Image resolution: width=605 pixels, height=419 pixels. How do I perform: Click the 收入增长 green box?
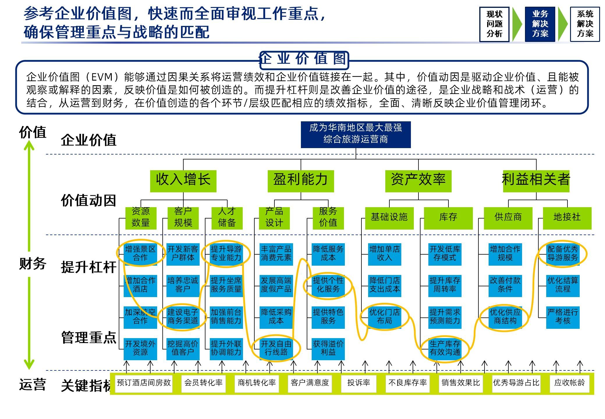(x=183, y=181)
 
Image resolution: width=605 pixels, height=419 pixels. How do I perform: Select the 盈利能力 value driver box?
(x=301, y=181)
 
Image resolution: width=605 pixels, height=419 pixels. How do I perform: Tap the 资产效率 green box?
(x=418, y=181)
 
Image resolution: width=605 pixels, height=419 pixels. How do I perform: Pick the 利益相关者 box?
(x=536, y=181)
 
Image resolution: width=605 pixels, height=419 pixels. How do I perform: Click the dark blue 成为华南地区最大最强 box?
(x=356, y=134)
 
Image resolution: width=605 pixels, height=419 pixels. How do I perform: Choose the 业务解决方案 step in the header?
(x=540, y=24)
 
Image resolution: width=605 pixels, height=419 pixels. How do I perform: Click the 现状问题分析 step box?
(x=494, y=24)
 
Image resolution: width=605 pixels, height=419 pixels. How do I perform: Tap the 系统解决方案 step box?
(x=585, y=24)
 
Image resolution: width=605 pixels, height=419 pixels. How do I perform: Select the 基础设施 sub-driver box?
(x=389, y=218)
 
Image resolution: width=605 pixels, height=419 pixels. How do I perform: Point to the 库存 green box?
(x=448, y=218)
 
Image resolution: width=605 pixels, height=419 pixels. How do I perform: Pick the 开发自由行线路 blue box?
(x=276, y=348)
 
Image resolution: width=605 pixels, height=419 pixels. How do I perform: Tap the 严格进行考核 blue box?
(x=563, y=317)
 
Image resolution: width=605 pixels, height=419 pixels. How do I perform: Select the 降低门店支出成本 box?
(x=384, y=285)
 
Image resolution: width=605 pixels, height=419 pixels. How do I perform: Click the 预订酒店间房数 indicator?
(x=144, y=383)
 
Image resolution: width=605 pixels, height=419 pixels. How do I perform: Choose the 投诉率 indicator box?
(x=359, y=383)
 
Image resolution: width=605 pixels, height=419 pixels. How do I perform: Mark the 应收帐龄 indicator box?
(x=569, y=383)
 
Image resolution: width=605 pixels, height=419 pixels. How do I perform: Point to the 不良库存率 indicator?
(x=407, y=383)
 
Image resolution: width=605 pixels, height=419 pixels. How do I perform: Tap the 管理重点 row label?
(x=89, y=338)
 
